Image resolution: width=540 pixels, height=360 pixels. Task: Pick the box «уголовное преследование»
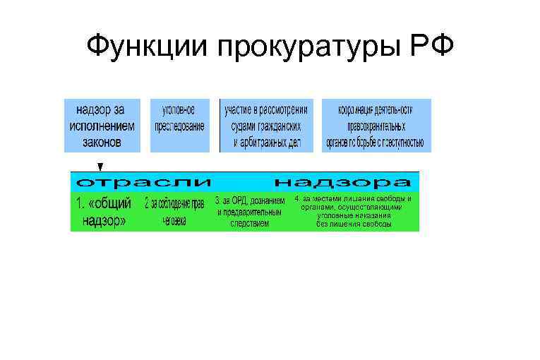point(181,126)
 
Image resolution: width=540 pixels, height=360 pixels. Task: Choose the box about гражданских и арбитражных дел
point(266,126)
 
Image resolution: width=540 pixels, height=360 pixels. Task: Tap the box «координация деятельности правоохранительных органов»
point(376,126)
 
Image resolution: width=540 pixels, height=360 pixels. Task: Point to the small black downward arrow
point(100,167)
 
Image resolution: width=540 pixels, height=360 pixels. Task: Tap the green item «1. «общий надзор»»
point(103,212)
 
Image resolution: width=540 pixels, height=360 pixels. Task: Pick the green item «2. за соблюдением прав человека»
point(174,212)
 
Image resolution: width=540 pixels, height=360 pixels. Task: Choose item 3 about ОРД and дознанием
point(248,212)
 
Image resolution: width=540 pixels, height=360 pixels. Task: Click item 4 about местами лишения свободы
point(354,212)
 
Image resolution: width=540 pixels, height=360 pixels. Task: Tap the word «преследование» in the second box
point(181,127)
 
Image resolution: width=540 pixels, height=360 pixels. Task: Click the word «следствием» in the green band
point(249,223)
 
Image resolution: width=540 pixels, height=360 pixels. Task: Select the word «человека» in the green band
point(174,221)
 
